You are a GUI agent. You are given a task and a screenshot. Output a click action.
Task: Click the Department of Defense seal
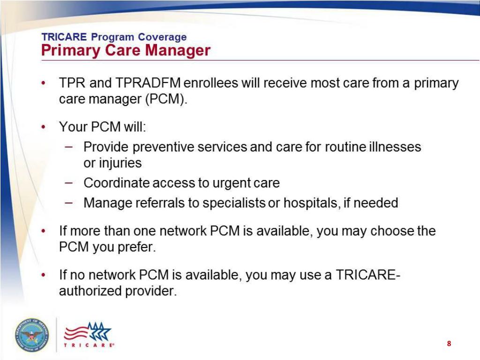[x=31, y=335]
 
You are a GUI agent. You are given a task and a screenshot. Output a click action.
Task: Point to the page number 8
[x=449, y=344]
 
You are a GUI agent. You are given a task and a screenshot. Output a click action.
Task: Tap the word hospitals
[x=313, y=203]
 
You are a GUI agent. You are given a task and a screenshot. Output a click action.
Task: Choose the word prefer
[x=140, y=247]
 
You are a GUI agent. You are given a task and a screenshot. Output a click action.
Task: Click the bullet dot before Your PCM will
[x=44, y=127]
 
